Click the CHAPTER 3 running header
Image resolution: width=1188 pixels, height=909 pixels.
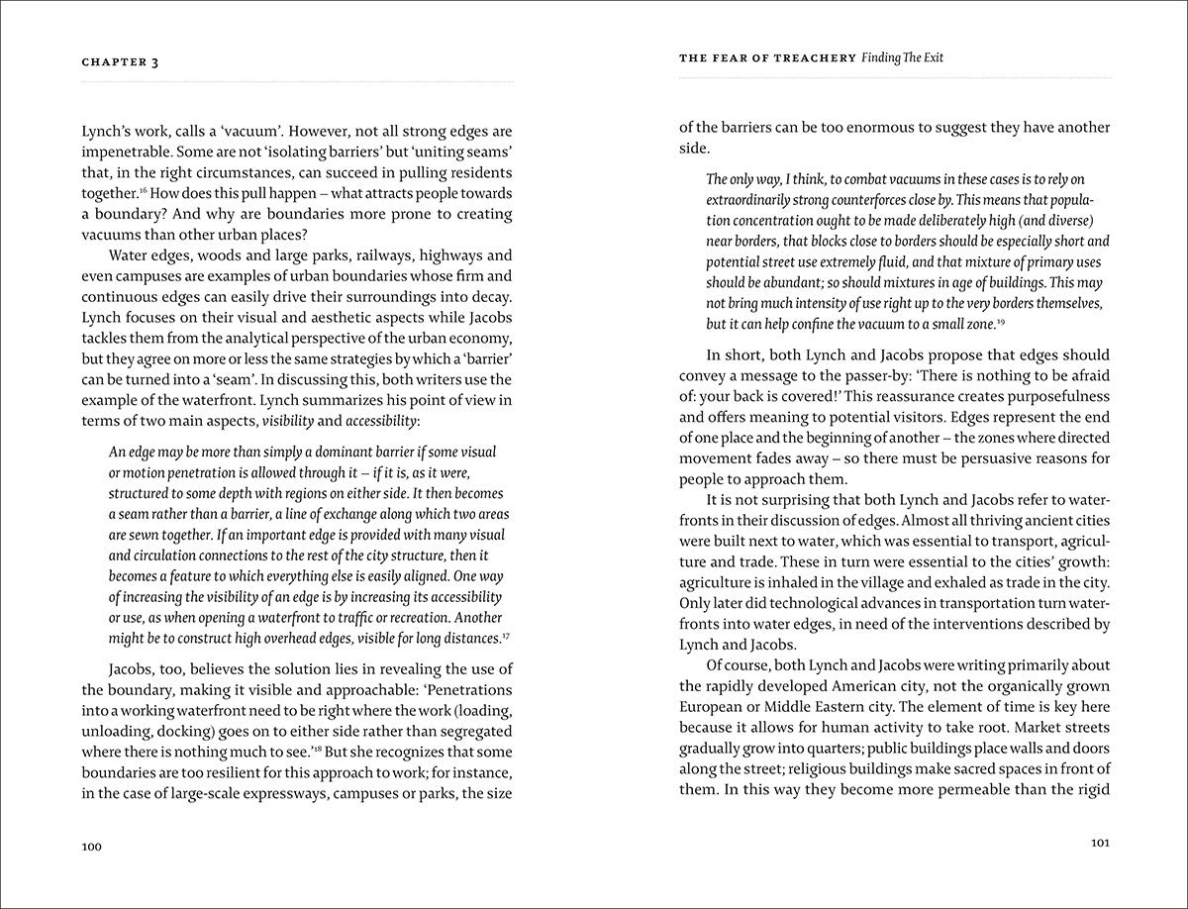pos(121,61)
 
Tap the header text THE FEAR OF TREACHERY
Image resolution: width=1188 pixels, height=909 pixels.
pos(767,58)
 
